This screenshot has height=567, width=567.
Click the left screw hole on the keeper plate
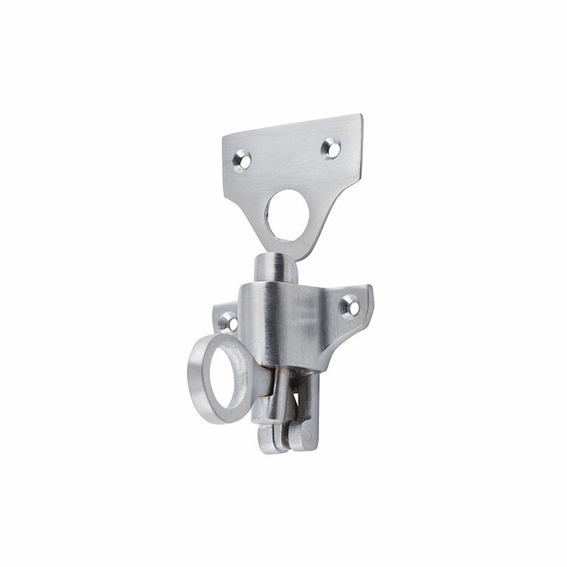tap(242, 160)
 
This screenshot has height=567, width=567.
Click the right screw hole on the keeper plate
tap(330, 148)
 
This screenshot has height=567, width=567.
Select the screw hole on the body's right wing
tap(349, 305)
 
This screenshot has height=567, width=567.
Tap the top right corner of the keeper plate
tap(361, 116)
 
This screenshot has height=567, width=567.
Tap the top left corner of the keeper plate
tap(224, 137)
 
